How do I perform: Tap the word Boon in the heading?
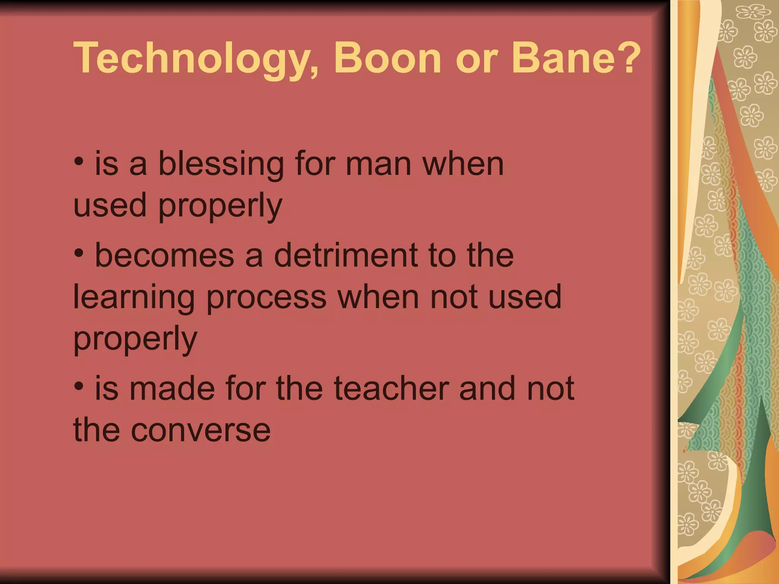pyautogui.click(x=387, y=58)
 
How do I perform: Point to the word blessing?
pyautogui.click(x=221, y=165)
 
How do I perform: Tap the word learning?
pyautogui.click(x=134, y=297)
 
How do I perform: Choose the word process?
pyautogui.click(x=266, y=297)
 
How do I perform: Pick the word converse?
pyautogui.click(x=200, y=430)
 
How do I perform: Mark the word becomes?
pyautogui.click(x=164, y=255)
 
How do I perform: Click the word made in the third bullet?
pyautogui.click(x=172, y=388)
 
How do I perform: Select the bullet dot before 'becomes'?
pyautogui.click(x=79, y=253)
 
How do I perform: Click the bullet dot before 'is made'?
pyautogui.click(x=79, y=386)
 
